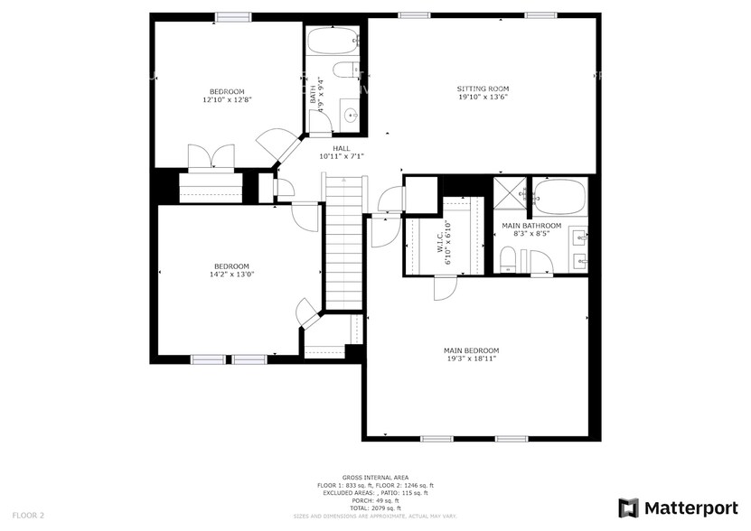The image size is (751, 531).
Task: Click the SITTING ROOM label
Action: pos(482,88)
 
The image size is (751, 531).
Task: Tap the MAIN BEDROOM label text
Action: pos(470,350)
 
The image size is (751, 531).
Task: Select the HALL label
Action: pos(341,148)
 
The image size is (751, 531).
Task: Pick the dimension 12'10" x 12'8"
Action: pos(227,100)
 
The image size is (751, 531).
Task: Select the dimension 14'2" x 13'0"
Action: pos(231,275)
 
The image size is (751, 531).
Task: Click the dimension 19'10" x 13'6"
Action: pos(482,97)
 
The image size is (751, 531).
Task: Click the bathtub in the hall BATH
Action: pos(333,41)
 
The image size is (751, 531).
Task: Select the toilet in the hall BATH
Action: pos(346,70)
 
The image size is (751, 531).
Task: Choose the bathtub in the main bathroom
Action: pos(559,195)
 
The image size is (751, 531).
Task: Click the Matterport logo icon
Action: pos(628,508)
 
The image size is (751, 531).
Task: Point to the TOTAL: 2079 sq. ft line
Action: pos(374,508)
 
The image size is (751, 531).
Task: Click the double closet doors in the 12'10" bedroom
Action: pos(211,157)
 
